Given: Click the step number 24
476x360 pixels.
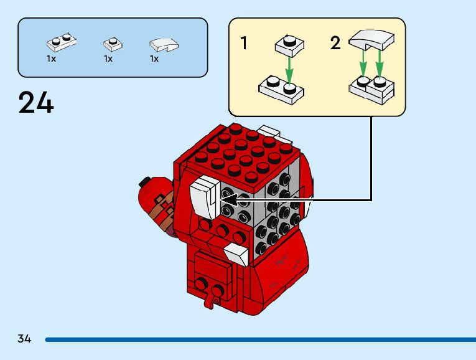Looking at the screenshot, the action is (x=36, y=103).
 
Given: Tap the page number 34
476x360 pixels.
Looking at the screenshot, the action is (x=24, y=339).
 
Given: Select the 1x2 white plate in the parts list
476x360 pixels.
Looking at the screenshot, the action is (x=62, y=42).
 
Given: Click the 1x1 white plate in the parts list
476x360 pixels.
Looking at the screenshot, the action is (x=112, y=44).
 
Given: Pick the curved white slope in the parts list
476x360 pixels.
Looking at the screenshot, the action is (x=164, y=44).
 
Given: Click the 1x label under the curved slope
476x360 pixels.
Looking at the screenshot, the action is (x=154, y=59).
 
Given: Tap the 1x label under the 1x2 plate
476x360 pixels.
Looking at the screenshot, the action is (x=51, y=59).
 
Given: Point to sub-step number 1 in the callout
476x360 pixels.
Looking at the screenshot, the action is (x=244, y=43).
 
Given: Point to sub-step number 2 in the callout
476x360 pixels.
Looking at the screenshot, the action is (x=335, y=43).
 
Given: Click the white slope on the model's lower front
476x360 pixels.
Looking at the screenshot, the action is (x=236, y=255).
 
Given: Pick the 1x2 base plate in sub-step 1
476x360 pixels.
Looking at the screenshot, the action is (x=281, y=88).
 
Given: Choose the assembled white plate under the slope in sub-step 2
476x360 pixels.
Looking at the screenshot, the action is (x=371, y=88).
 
